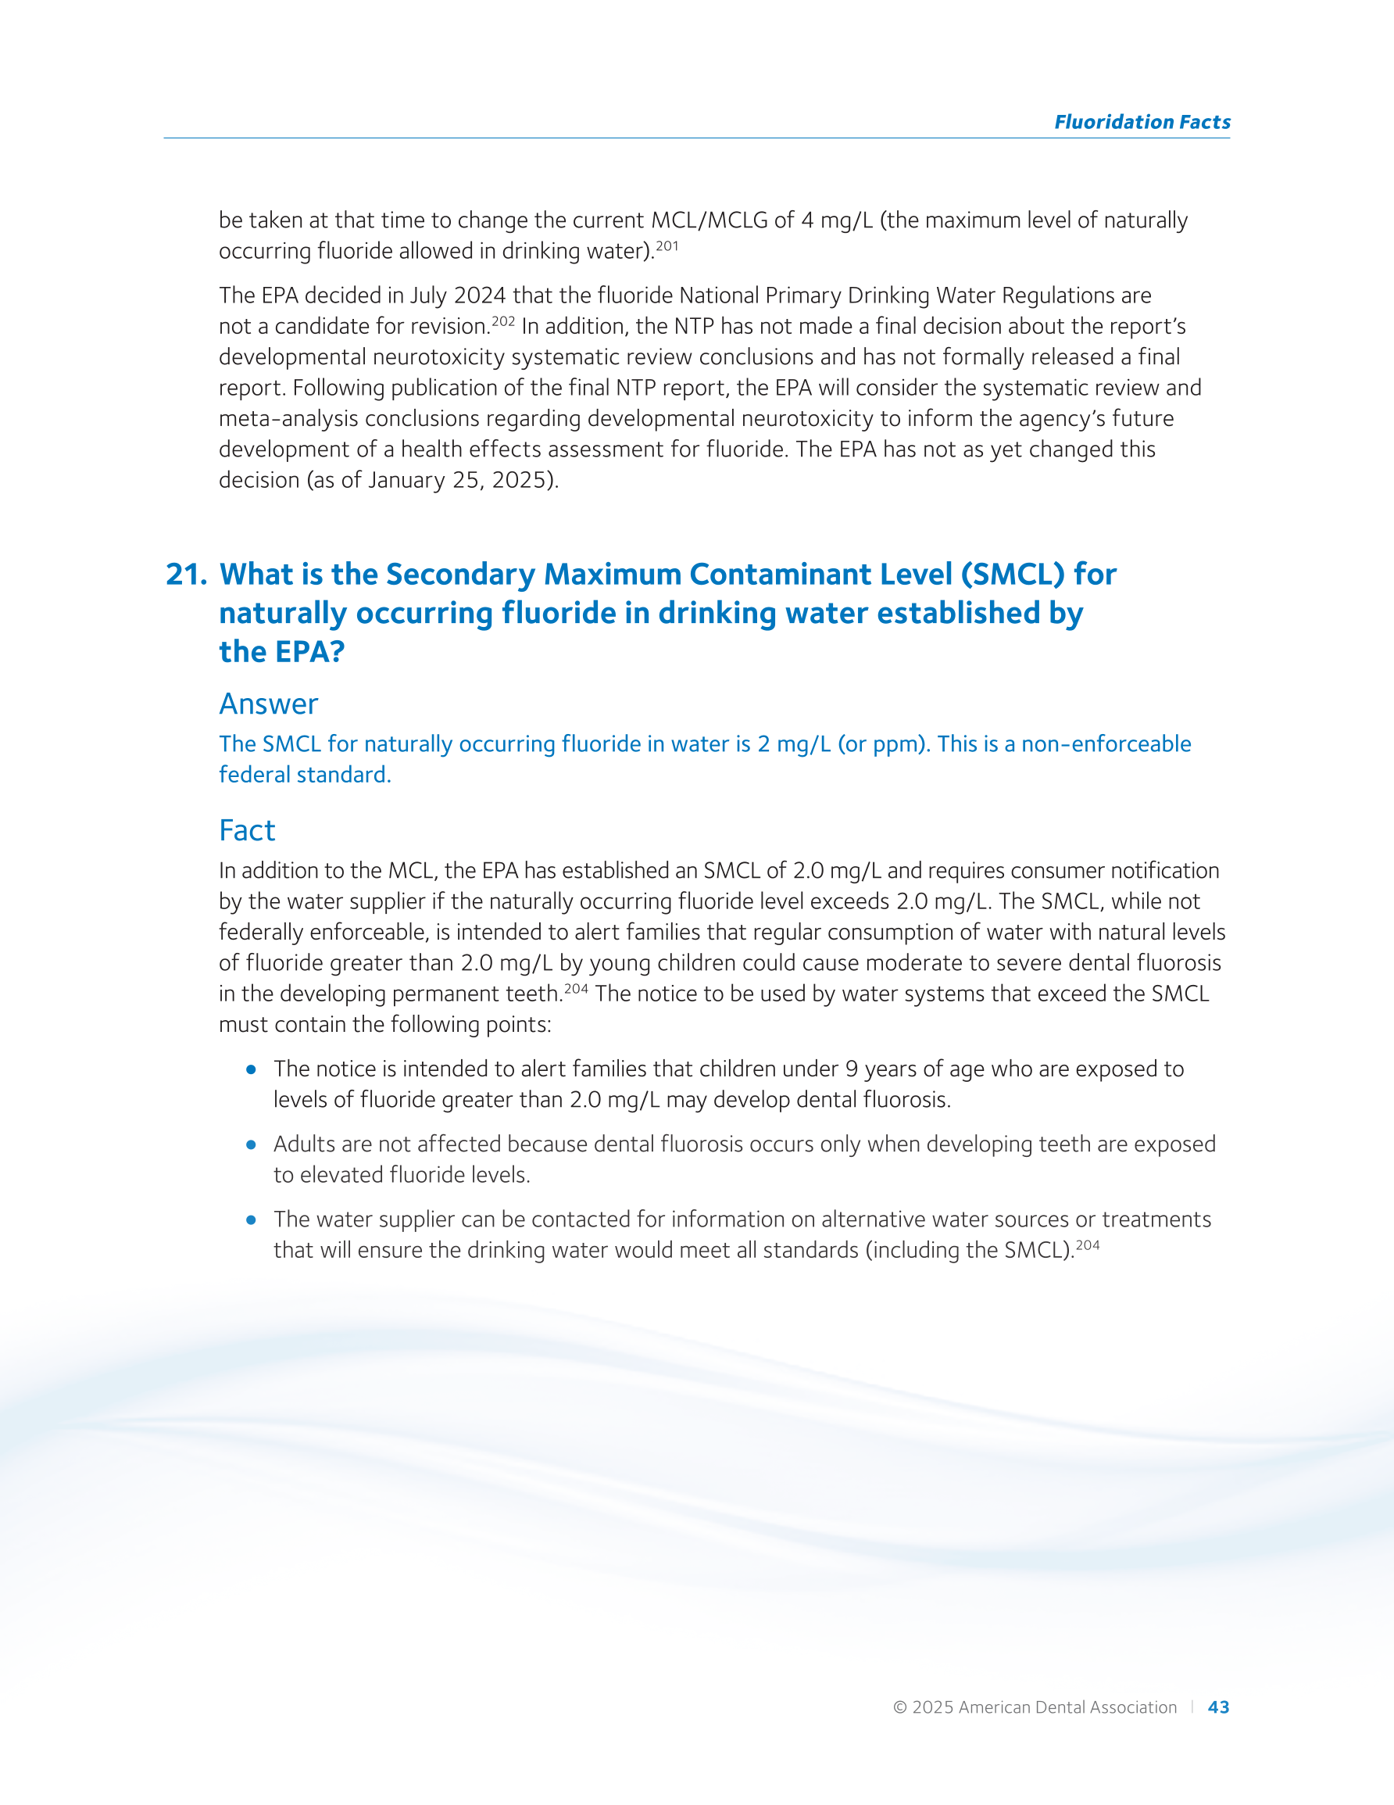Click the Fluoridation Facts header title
tap(1141, 122)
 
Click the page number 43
tap(1218, 1707)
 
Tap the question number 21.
tap(186, 575)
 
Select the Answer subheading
tap(269, 704)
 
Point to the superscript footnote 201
tap(667, 245)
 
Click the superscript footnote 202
tap(503, 321)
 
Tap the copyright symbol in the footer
tap(900, 1707)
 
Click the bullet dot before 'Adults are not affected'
tap(251, 1144)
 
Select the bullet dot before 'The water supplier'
tap(251, 1219)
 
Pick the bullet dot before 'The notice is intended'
tap(251, 1069)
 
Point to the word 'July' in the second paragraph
tap(430, 295)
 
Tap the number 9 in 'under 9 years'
tap(852, 1069)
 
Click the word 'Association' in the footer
tap(1135, 1707)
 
